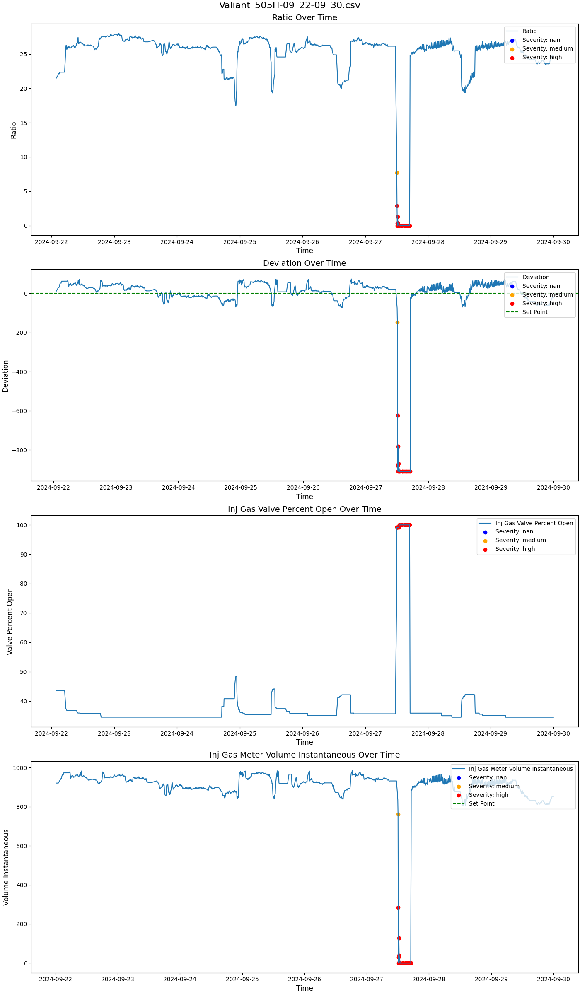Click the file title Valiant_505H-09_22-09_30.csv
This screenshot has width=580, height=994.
click(x=290, y=5)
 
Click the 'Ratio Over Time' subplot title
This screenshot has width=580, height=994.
click(x=304, y=17)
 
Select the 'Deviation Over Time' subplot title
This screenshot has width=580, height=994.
click(x=304, y=263)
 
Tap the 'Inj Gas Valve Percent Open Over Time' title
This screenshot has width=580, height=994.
click(x=304, y=509)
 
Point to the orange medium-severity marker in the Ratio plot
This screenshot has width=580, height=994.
click(x=397, y=173)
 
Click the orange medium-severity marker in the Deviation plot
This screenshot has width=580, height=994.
click(x=397, y=322)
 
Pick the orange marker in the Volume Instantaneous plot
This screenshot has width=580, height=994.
click(x=398, y=814)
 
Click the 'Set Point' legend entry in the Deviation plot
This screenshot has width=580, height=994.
click(x=535, y=312)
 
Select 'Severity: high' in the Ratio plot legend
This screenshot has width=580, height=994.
click(x=542, y=58)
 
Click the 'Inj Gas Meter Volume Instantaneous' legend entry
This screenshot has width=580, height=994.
click(x=520, y=769)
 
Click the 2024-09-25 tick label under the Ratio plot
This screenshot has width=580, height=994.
click(x=240, y=242)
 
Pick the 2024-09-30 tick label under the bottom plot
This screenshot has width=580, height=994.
click(x=553, y=980)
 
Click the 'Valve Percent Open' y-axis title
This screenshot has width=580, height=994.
click(x=10, y=621)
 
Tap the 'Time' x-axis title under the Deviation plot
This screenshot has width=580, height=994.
click(x=304, y=496)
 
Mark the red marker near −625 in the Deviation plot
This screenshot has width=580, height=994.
click(x=398, y=415)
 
